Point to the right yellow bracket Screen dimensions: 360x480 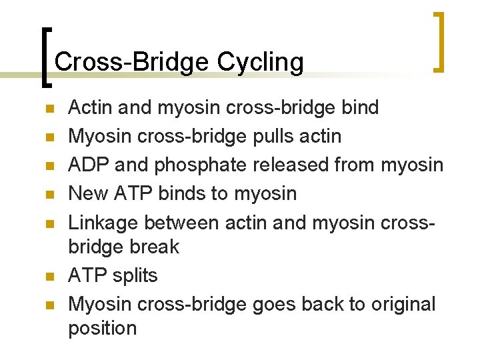coord(438,41)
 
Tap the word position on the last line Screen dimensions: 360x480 coord(102,328)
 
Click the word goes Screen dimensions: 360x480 coord(275,305)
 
